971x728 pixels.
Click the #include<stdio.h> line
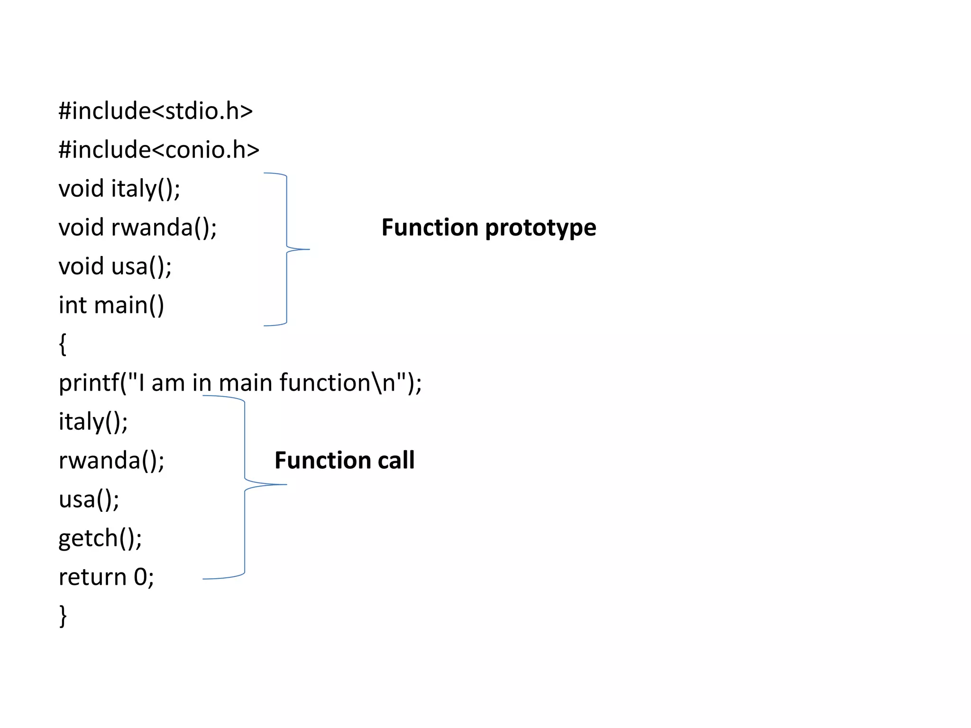click(156, 111)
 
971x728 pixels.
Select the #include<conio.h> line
click(159, 150)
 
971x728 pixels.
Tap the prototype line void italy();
click(119, 189)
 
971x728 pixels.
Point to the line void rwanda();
click(137, 227)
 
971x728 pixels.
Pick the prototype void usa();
click(115, 266)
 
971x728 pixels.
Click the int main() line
click(111, 305)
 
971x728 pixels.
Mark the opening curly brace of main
click(63, 344)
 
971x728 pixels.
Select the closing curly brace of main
click(63, 616)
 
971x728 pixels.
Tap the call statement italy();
click(93, 422)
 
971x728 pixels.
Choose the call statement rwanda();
click(111, 461)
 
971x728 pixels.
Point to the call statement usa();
click(89, 500)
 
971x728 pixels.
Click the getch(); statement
click(100, 538)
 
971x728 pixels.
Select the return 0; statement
click(106, 577)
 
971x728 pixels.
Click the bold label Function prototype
click(488, 227)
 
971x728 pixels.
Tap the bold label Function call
click(344, 461)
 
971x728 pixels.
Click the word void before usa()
click(81, 266)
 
